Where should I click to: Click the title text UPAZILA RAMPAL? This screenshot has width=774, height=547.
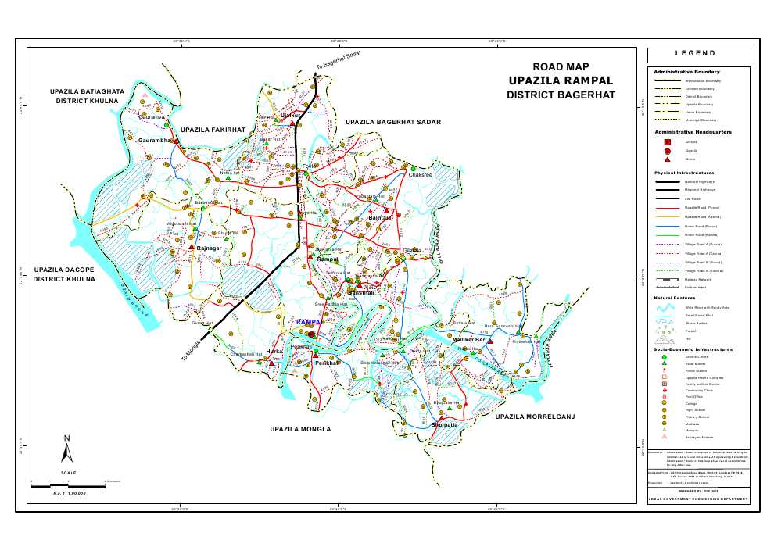(x=560, y=81)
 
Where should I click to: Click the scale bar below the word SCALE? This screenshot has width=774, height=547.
(x=68, y=486)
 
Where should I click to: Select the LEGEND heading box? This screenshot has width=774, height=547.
(x=699, y=55)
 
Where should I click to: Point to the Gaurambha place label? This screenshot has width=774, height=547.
(x=154, y=141)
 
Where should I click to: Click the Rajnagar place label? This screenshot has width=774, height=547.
(x=210, y=248)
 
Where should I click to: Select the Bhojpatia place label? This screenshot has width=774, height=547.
(x=445, y=425)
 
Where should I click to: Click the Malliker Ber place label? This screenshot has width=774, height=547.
(x=471, y=341)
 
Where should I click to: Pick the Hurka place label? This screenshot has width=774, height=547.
(x=274, y=352)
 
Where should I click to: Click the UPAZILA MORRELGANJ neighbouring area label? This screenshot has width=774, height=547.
(x=536, y=417)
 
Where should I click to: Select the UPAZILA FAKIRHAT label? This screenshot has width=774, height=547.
(x=213, y=129)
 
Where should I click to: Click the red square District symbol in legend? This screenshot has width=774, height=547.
(x=667, y=142)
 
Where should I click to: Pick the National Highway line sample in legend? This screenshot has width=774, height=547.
(x=667, y=181)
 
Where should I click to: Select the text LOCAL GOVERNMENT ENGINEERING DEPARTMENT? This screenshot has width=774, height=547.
(x=698, y=499)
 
